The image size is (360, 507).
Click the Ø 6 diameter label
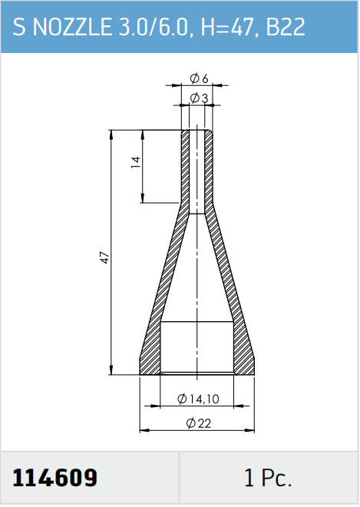click(199, 79)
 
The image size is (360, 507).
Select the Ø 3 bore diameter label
click(199, 98)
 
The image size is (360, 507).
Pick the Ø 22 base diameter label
click(199, 423)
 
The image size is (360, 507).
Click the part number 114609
click(55, 479)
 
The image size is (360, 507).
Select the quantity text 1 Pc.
click(268, 479)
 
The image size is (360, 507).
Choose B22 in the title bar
click(286, 28)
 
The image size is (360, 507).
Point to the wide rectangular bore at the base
click(197, 346)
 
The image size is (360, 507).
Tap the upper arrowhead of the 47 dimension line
click(112, 134)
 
